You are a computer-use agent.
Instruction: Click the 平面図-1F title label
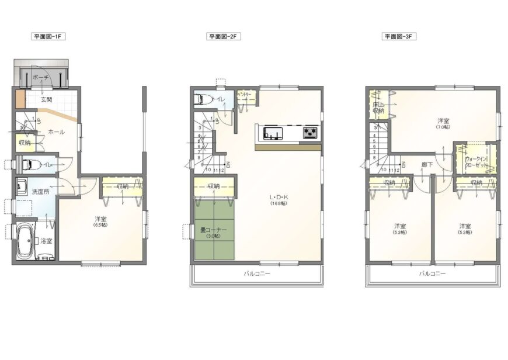(x=48, y=36)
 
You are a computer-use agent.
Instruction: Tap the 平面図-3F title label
(x=399, y=36)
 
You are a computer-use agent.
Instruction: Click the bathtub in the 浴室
(x=25, y=241)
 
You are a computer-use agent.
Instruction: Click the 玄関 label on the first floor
(x=47, y=99)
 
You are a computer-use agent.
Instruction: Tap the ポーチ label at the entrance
(x=40, y=77)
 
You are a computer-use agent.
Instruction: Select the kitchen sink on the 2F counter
(x=273, y=133)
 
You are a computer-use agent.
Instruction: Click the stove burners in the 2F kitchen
(x=310, y=133)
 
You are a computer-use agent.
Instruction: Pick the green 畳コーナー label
(x=214, y=230)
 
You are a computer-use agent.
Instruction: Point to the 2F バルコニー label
(x=257, y=273)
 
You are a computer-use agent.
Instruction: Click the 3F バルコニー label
(x=432, y=273)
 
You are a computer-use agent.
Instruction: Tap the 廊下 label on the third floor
(x=427, y=165)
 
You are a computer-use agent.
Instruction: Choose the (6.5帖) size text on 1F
(x=101, y=224)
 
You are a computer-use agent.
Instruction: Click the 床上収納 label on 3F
(x=378, y=108)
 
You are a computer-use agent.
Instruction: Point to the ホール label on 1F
(x=56, y=131)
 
